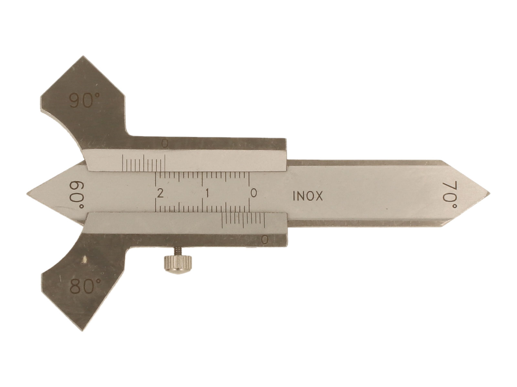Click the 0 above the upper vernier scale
[x=165, y=144]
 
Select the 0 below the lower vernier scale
[x=265, y=240]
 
